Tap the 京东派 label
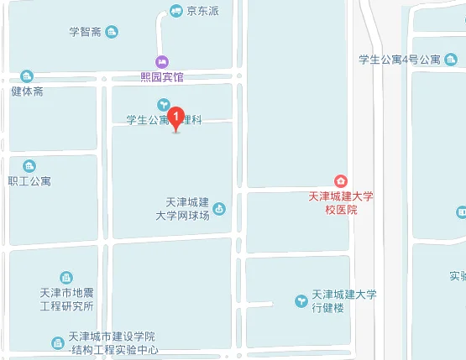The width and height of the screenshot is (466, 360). pyautogui.click(x=202, y=11)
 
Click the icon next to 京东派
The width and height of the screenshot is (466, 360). pyautogui.click(x=176, y=11)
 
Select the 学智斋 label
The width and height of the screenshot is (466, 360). pyautogui.click(x=85, y=32)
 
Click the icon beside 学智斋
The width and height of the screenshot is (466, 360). pyautogui.click(x=112, y=32)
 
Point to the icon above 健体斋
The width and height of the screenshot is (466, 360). pyautogui.click(x=27, y=76)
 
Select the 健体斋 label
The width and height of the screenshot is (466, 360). pyautogui.click(x=27, y=91)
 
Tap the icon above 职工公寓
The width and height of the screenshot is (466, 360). pyautogui.click(x=29, y=166)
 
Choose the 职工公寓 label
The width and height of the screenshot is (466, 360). pyautogui.click(x=29, y=180)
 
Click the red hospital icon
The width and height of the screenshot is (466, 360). pyautogui.click(x=341, y=180)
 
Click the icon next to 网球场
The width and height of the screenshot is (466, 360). pyautogui.click(x=220, y=208)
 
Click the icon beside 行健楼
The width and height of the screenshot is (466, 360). pyautogui.click(x=301, y=300)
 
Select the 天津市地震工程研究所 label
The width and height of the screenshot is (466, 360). pyautogui.click(x=66, y=299)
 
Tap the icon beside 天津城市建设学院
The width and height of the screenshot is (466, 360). pyautogui.click(x=57, y=342)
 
